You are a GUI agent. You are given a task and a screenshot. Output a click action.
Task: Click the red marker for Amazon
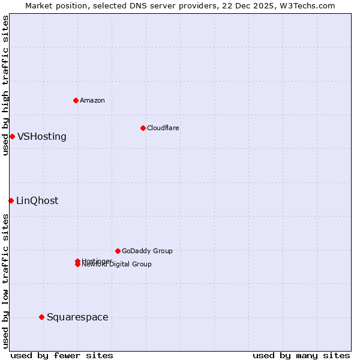(76, 100)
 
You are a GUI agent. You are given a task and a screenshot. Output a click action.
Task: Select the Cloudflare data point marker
(143, 128)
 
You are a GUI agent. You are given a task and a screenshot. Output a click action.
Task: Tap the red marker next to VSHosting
(12, 136)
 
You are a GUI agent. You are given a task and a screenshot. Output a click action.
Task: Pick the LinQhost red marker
(11, 200)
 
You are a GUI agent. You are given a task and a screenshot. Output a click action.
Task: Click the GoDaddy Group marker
(118, 251)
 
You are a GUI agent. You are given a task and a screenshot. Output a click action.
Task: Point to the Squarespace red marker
(41, 317)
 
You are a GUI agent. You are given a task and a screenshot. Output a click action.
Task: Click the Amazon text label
(92, 100)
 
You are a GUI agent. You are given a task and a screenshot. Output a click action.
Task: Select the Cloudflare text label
(163, 128)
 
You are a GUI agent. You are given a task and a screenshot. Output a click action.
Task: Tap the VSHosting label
(42, 137)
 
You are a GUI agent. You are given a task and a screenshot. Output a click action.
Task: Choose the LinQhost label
(37, 201)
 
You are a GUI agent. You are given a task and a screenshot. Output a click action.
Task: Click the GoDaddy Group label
(147, 251)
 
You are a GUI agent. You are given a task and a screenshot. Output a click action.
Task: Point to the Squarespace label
(77, 317)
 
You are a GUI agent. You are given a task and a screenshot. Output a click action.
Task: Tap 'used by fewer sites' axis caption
(62, 355)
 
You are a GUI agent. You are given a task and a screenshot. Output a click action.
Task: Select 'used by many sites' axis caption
(301, 355)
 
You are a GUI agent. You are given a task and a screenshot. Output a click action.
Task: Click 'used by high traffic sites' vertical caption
(5, 85)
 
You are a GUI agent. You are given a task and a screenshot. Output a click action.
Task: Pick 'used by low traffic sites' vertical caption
(5, 280)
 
